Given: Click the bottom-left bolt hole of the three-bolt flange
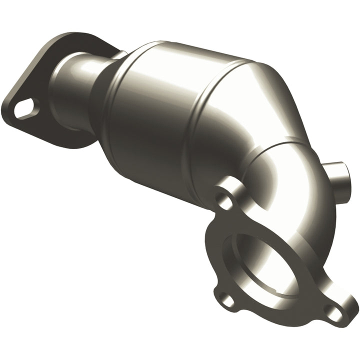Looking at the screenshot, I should click(x=227, y=300).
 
